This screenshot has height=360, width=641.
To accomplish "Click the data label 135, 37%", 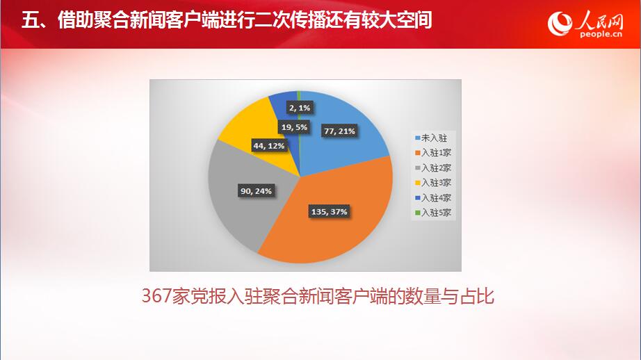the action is pyautogui.click(x=329, y=212).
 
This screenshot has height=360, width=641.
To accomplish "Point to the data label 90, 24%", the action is pyautogui.click(x=256, y=191).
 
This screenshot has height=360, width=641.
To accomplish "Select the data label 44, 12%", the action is pyautogui.click(x=268, y=146).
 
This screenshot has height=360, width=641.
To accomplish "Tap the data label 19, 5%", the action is pyautogui.click(x=294, y=127).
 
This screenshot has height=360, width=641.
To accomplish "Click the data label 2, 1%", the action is pyautogui.click(x=300, y=108).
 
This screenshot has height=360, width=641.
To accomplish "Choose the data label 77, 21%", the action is pyautogui.click(x=339, y=131).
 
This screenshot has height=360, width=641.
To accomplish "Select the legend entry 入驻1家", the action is pyautogui.click(x=433, y=153).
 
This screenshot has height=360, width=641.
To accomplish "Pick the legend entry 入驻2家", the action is pyautogui.click(x=433, y=168).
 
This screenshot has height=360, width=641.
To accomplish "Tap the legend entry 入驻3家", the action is pyautogui.click(x=433, y=183).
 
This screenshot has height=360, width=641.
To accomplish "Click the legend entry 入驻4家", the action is pyautogui.click(x=433, y=198).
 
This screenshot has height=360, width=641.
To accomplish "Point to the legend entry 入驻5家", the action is pyautogui.click(x=433, y=213).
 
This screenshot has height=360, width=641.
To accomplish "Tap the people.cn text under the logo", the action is pyautogui.click(x=601, y=34).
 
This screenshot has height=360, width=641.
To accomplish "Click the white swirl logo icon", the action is pyautogui.click(x=560, y=24).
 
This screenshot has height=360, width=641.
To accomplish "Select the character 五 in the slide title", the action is pyautogui.click(x=30, y=19).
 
